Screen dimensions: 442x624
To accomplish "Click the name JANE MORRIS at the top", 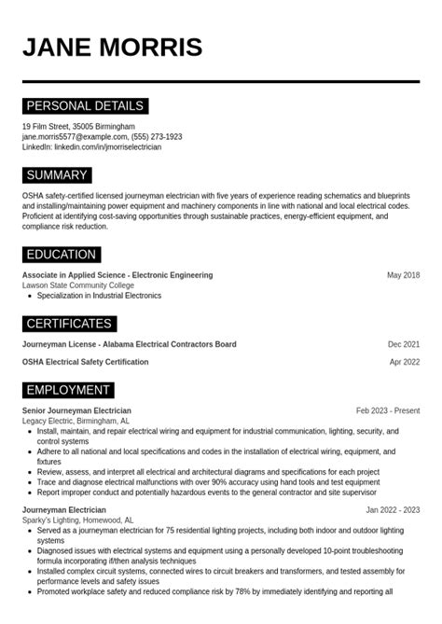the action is [113, 48].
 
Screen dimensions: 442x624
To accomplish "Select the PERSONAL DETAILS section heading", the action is [85, 106].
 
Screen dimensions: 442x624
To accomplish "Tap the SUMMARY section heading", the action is [57, 175].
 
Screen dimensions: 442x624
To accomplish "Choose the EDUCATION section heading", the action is [62, 255].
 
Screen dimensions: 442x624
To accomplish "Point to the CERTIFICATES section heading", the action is [69, 324].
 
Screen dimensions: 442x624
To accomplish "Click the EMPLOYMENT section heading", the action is [68, 390].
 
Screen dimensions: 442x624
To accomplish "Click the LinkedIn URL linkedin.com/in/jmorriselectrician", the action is [107, 147].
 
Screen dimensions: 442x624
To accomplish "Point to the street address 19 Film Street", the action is [46, 127].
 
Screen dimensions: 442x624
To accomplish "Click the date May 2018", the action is [403, 275].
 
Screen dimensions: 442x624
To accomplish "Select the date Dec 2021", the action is [403, 344].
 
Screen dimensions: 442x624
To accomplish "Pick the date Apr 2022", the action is [404, 362].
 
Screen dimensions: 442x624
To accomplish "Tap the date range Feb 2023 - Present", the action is [387, 410].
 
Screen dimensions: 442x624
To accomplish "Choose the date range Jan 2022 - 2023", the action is [392, 510].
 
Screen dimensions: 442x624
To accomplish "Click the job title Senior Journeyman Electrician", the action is [76, 410].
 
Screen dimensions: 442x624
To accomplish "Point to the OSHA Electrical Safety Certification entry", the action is [85, 362].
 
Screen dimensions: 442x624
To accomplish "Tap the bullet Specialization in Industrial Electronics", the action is [99, 296].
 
